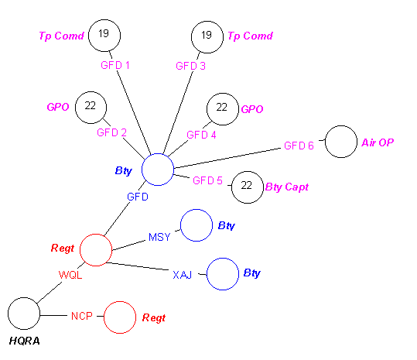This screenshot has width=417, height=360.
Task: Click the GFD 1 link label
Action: pyautogui.click(x=115, y=65)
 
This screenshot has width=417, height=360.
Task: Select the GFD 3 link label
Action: pyautogui.click(x=191, y=66)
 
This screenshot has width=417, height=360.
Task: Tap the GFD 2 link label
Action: pyautogui.click(x=111, y=132)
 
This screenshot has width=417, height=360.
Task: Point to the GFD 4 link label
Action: pyautogui.click(x=201, y=135)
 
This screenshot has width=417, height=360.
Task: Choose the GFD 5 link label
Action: pyautogui.click(x=207, y=180)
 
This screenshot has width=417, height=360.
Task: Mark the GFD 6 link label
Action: pyautogui.click(x=299, y=146)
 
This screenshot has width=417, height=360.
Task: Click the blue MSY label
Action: pyautogui.click(x=159, y=237)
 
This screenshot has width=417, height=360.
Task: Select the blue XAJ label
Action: pyautogui.click(x=182, y=274)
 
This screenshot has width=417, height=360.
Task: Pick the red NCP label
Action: pyautogui.click(x=81, y=316)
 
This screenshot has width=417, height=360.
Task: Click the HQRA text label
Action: pyautogui.click(x=25, y=340)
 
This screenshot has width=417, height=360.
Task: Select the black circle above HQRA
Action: pyautogui.click(x=24, y=314)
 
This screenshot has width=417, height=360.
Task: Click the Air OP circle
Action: pyautogui.click(x=340, y=142)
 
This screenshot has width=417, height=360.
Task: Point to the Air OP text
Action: pyautogui.click(x=378, y=142)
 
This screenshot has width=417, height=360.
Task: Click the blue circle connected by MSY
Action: pyautogui.click(x=196, y=225)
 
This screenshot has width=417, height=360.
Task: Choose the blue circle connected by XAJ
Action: pyautogui.click(x=222, y=273)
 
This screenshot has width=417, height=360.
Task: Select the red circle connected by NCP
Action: pyautogui.click(x=119, y=317)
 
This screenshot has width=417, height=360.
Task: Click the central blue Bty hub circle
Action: pyautogui.click(x=158, y=170)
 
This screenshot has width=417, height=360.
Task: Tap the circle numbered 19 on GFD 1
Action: pyautogui.click(x=104, y=35)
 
